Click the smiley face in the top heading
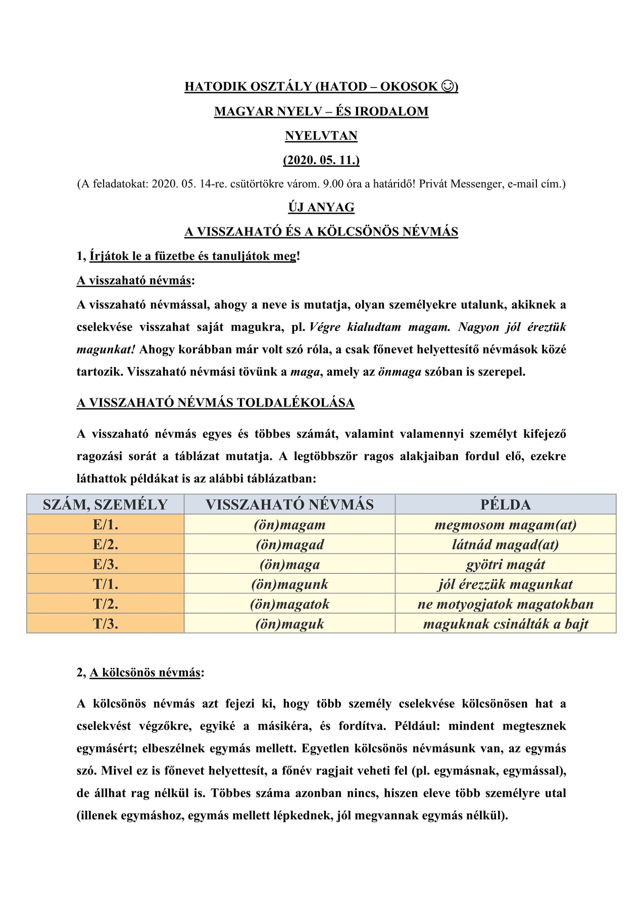pos(447,86)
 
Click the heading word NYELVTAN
pos(321,136)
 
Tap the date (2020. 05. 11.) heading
pos(321,160)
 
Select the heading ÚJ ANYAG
pos(321,207)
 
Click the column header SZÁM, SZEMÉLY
pos(105,505)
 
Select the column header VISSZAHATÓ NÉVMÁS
pos(289,505)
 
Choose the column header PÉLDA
pos(505,505)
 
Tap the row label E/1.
pos(105,525)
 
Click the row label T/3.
pos(105,624)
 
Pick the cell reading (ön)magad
pos(289,544)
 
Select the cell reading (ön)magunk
pos(289,584)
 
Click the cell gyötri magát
pos(505,565)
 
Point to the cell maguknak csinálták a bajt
pos(505,624)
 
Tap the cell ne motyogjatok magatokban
pos(505,604)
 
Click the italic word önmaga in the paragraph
pos(400,372)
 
